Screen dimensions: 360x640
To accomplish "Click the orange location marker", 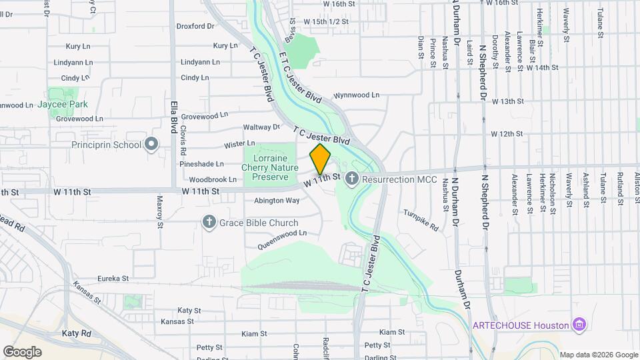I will coord(320,159).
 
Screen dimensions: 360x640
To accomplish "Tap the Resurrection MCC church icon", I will coord(352,178).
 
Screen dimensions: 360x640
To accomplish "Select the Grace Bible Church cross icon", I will coord(209,222).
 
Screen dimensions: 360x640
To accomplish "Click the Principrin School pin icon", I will coord(151,144).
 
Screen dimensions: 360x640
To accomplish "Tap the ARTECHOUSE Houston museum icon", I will coord(579,325).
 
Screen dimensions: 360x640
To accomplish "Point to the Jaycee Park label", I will coord(63,105).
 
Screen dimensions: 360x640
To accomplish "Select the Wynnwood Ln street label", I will coord(356,95).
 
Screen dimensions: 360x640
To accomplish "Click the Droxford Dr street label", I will coord(195,27).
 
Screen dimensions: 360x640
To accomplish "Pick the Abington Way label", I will coord(277,201).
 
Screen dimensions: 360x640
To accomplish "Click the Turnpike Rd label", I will coord(421,221).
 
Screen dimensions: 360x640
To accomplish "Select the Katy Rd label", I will coord(76,333).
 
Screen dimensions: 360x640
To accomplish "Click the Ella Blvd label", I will coord(173,116).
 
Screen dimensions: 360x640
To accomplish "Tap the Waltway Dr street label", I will coord(262,127).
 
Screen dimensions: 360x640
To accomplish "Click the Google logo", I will coord(22,351).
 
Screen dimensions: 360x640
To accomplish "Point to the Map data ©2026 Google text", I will coord(599,355).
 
